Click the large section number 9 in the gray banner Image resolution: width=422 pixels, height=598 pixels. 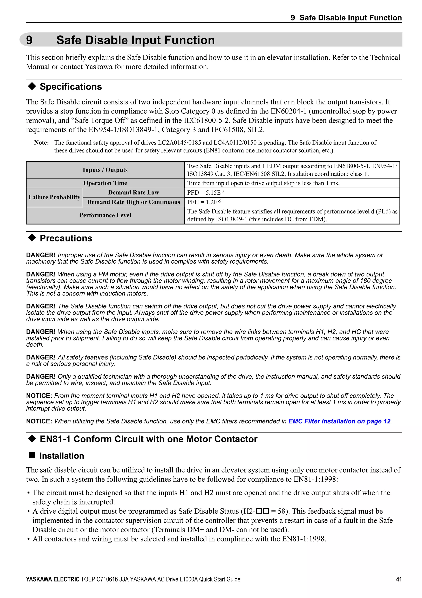click(x=29, y=40)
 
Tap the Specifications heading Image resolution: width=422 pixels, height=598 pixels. click(x=70, y=87)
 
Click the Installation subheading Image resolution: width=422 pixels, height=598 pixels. click(x=62, y=456)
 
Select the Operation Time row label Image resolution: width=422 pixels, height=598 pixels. click(x=105, y=183)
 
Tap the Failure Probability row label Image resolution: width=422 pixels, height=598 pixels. click(x=54, y=197)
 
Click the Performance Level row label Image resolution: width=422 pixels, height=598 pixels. click(x=105, y=215)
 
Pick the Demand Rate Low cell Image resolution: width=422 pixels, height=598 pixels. click(x=133, y=193)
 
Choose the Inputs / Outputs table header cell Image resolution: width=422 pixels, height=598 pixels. click(x=105, y=170)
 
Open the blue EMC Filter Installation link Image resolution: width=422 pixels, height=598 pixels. click(x=339, y=421)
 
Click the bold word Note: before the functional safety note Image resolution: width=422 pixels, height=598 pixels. click(x=42, y=143)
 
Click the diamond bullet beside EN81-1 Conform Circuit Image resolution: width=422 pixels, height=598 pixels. click(x=32, y=439)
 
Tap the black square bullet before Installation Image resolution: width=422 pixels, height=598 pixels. click(x=32, y=455)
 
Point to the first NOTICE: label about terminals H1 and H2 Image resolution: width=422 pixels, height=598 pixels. click(x=39, y=396)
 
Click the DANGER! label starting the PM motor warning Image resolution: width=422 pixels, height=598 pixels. click(x=41, y=274)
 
